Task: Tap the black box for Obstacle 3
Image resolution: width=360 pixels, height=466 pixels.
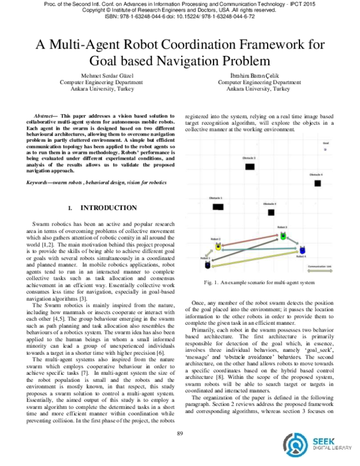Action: tap(251, 166)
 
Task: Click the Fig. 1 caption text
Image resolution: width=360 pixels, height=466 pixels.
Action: tap(260, 282)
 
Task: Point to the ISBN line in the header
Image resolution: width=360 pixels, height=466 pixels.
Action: tap(180, 17)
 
